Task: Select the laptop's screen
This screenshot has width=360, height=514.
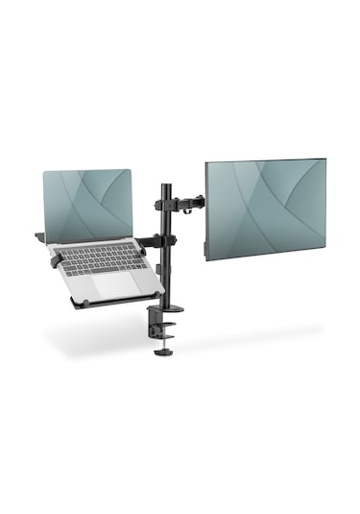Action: click(87, 205)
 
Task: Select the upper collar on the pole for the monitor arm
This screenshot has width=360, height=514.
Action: click(164, 203)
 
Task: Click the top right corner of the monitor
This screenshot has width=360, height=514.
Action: click(324, 159)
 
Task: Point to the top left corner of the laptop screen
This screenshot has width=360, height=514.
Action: click(45, 174)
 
